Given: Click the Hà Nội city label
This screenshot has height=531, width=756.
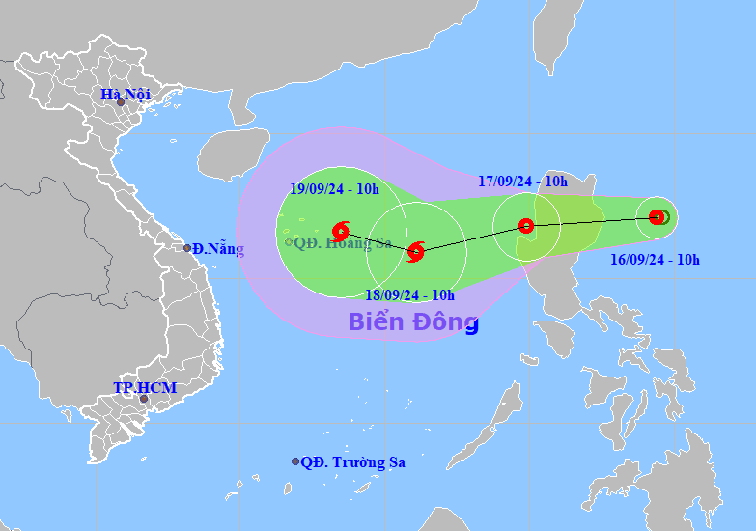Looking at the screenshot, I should (x=125, y=94).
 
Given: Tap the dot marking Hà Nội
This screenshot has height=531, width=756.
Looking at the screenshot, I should (x=121, y=102).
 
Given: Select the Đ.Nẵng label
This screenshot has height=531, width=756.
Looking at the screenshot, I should (x=218, y=249).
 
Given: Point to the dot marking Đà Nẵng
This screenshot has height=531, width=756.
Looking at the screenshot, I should (x=187, y=248).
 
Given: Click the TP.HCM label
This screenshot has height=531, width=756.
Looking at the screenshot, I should (x=145, y=387).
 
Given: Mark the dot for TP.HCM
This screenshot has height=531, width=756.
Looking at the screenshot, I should (x=143, y=399).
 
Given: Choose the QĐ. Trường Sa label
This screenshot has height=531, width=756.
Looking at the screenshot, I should (x=353, y=462).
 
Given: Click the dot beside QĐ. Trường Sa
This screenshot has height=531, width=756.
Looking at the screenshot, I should (x=295, y=461).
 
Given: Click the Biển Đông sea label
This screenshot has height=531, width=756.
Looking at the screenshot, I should (x=412, y=321).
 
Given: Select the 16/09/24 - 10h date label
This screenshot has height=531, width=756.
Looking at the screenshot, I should (x=655, y=259).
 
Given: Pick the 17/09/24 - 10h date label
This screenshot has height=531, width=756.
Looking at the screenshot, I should (x=522, y=181).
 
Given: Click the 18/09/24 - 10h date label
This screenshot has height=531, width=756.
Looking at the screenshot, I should (x=410, y=295).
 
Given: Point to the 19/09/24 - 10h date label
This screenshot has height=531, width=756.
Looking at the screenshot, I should (x=333, y=189).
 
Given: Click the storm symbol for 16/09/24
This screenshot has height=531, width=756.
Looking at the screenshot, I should (x=658, y=217).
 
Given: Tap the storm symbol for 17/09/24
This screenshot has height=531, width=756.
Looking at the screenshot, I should (x=526, y=226).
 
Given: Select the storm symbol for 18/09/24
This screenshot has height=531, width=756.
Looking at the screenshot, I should (x=415, y=252).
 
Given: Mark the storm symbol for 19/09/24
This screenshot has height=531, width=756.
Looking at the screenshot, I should (x=340, y=230).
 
